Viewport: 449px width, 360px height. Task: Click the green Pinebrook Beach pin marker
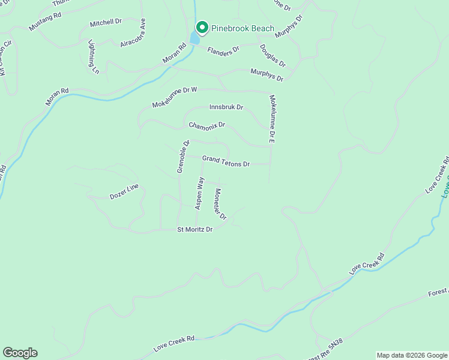click(202, 28)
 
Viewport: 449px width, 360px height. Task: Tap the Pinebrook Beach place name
click(243, 28)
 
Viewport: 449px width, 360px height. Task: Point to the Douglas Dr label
click(273, 55)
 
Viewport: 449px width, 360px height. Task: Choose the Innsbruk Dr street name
click(226, 107)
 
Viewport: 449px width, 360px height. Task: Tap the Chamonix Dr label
click(206, 125)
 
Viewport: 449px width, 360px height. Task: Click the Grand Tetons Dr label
click(226, 160)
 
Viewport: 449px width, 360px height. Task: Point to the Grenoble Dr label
click(183, 157)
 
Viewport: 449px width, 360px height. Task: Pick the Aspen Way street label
click(200, 193)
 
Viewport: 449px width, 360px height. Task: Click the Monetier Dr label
click(220, 204)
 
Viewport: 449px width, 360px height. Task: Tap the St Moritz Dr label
click(195, 229)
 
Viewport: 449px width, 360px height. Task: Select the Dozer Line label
click(124, 191)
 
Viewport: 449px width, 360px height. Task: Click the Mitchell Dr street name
click(106, 23)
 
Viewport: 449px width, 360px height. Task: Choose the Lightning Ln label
click(94, 57)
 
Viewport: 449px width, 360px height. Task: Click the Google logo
click(20, 353)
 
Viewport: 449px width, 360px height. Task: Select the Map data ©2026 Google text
click(411, 355)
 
